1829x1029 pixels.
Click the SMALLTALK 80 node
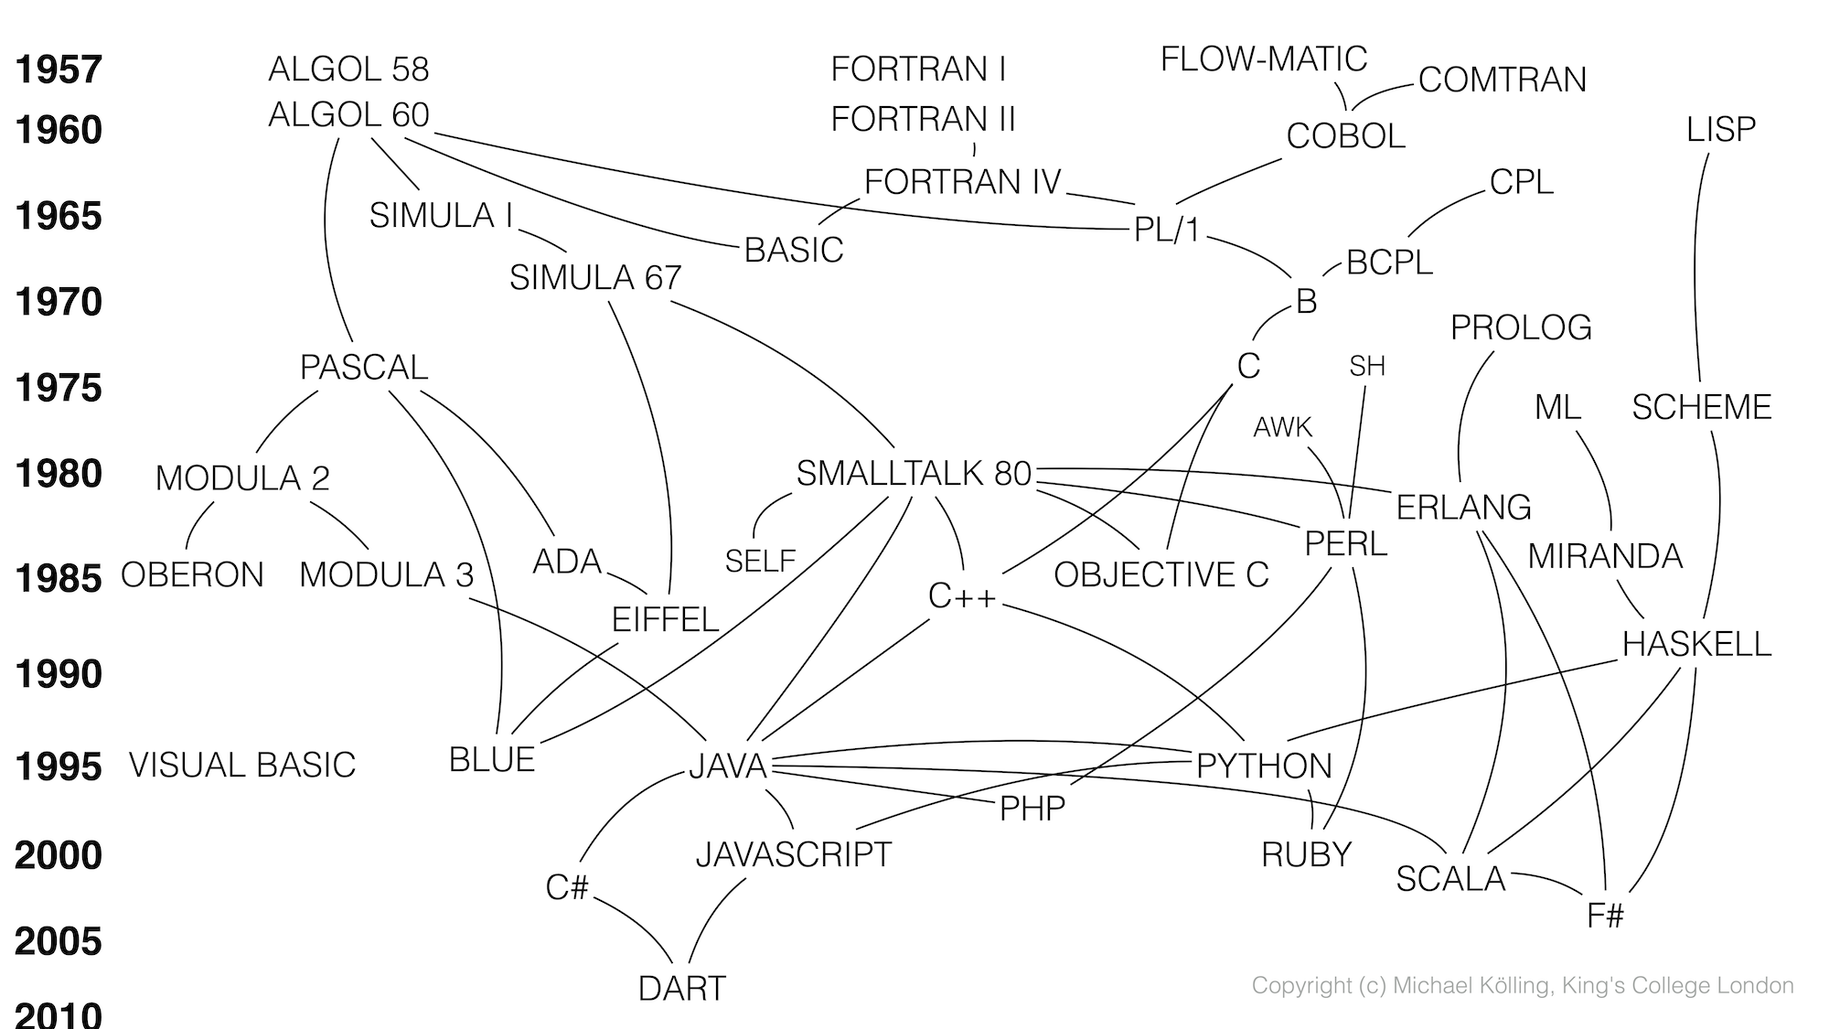[913, 474]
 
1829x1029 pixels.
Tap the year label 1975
[59, 389]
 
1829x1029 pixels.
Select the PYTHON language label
[1264, 766]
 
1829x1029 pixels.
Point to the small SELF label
[759, 561]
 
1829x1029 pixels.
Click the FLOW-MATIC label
[1263, 59]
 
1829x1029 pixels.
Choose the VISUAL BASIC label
[241, 766]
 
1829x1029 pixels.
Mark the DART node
[681, 989]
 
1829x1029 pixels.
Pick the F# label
[1605, 916]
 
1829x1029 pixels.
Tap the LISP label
[1720, 130]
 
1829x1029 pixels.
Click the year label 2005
[59, 941]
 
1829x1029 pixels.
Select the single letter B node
[1306, 302]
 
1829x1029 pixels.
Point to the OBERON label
[192, 575]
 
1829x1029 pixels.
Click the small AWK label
[1282, 427]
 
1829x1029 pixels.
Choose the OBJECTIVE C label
[1161, 575]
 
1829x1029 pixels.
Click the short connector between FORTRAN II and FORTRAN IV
[974, 149]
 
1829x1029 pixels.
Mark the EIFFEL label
[665, 620]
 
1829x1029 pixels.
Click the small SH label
[1366, 367]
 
